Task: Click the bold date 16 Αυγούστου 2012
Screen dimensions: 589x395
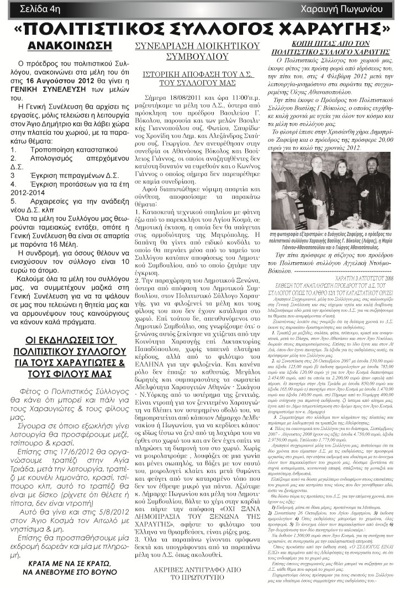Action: point(64,81)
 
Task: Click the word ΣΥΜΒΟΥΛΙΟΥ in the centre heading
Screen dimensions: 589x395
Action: point(197,56)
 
